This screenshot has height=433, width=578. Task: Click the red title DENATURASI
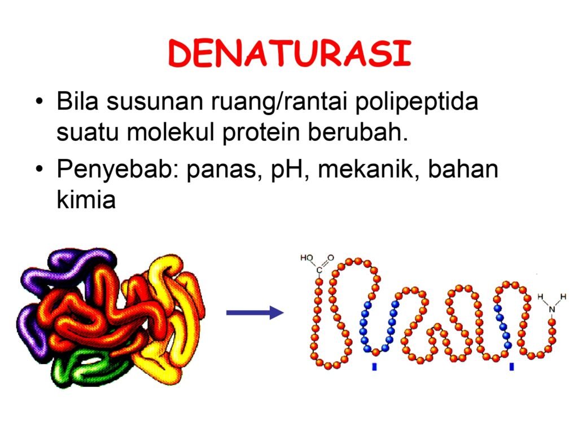pos(290,54)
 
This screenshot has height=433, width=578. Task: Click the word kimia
pos(86,200)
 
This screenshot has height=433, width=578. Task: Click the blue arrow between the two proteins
pos(255,312)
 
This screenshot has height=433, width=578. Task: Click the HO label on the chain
pos(306,258)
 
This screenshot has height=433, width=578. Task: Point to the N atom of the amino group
pos(552,310)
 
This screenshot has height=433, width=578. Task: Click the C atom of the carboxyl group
pos(319,270)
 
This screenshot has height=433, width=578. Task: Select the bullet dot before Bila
pos(40,101)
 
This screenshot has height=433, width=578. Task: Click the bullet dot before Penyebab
pos(40,169)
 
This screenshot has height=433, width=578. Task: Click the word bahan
pos(463,169)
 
